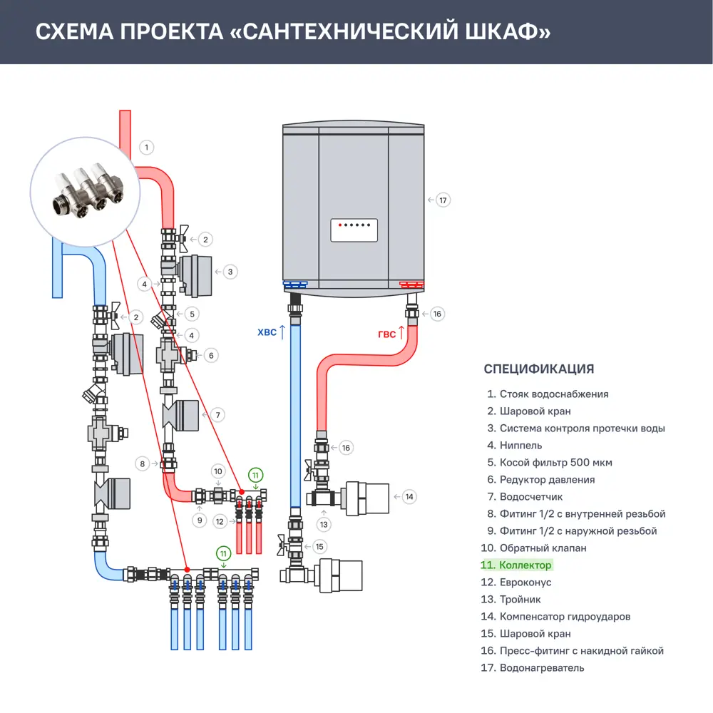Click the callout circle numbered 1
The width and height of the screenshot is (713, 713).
point(145,148)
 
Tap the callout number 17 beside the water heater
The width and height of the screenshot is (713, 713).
point(443,200)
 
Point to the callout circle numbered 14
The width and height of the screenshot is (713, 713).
point(409,496)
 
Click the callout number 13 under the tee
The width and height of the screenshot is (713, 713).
point(325,524)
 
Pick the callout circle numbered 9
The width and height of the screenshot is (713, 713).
point(200,520)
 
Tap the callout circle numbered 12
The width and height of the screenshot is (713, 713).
point(220,521)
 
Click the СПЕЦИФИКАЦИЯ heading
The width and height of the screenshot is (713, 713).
point(538,369)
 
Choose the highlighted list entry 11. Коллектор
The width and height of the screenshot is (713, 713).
point(516,565)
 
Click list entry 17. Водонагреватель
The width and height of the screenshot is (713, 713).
point(533,668)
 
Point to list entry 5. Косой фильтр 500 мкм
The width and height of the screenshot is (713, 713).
point(550,463)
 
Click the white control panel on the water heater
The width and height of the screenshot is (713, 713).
point(354,230)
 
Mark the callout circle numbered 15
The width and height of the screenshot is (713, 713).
point(319,547)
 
